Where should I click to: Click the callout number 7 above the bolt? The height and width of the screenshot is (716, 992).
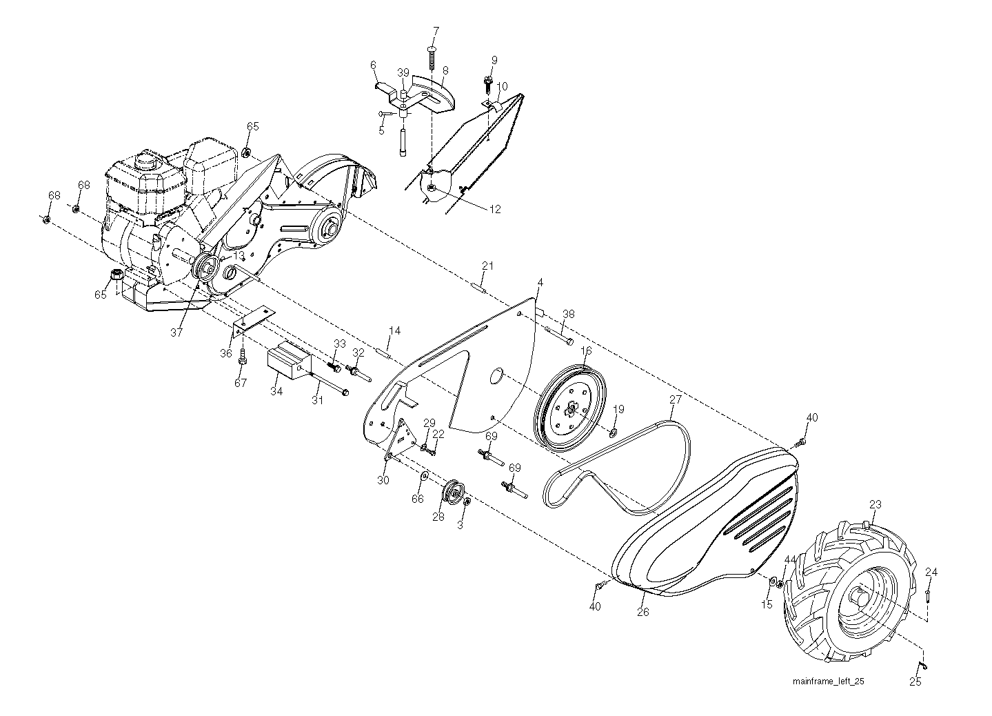[436, 31]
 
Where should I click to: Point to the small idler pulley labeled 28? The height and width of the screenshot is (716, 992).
[454, 492]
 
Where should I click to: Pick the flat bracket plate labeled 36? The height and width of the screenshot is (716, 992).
[254, 320]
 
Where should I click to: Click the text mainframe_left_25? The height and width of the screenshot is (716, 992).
[828, 681]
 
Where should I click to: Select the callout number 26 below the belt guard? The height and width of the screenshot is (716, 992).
[642, 612]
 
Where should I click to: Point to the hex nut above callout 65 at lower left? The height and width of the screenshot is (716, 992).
[116, 275]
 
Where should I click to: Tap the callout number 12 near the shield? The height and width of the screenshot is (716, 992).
[495, 209]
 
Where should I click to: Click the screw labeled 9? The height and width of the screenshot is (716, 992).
[488, 83]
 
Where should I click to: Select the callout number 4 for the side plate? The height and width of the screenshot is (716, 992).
[540, 282]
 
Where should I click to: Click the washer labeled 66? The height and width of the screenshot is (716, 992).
[424, 475]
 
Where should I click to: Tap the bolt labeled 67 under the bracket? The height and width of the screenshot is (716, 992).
[242, 356]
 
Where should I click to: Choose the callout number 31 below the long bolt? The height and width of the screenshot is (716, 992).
[317, 400]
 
